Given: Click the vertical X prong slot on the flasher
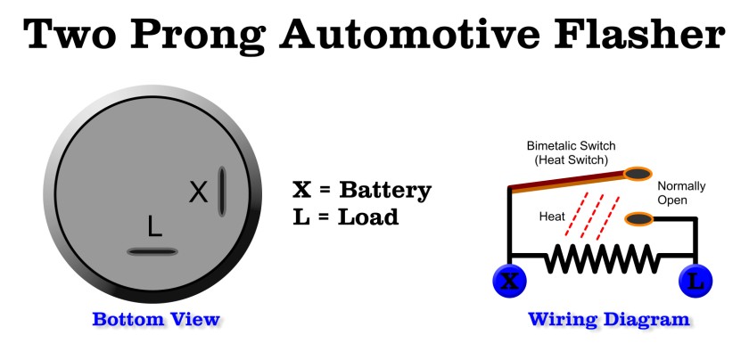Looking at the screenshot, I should (x=222, y=191).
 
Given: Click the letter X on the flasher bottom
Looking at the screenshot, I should (x=199, y=192).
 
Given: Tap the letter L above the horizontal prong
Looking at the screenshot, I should (x=155, y=228).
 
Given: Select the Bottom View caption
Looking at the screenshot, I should (x=156, y=319).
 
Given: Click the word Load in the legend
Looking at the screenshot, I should (x=368, y=217).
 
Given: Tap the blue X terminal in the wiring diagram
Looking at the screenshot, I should (x=509, y=281).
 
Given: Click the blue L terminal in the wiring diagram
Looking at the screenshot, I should (x=695, y=281).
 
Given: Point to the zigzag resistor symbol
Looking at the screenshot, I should (x=603, y=259).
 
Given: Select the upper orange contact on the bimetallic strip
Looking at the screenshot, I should (x=637, y=174).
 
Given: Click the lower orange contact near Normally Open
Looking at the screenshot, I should (x=640, y=219).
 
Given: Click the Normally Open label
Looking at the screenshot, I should (x=681, y=192).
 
